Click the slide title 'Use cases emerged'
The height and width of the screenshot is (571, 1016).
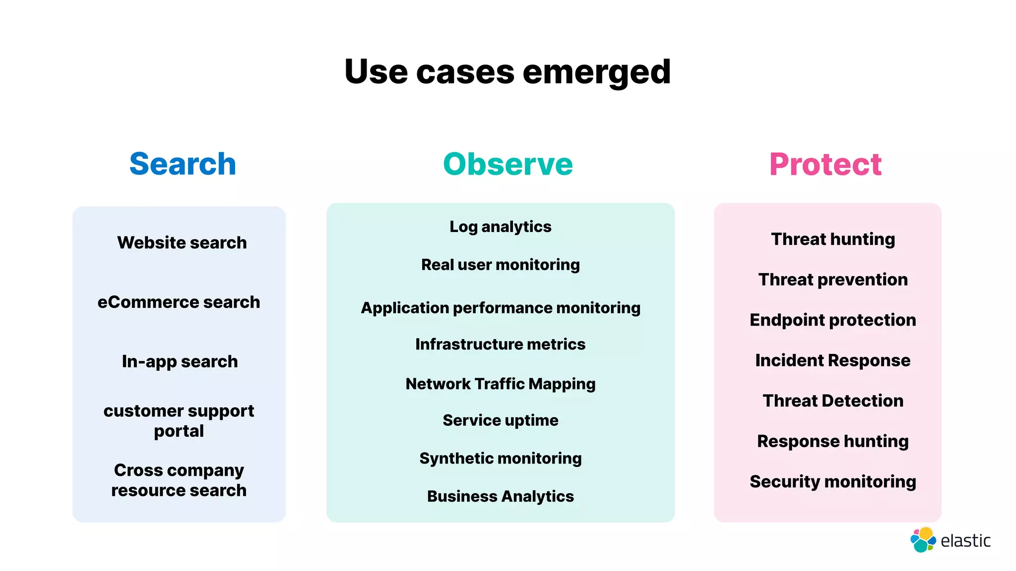508,72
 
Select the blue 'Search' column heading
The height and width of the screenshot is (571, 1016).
183,164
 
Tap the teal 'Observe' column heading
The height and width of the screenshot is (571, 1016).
508,164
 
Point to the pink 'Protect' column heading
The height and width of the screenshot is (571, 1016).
825,164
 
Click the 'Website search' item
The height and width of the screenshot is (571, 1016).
182,242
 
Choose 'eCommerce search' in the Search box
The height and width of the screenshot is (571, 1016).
179,302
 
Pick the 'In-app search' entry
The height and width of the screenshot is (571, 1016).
180,361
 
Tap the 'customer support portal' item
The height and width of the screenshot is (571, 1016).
179,421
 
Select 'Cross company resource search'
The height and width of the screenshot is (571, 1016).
179,480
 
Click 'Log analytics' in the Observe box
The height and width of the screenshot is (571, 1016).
500,227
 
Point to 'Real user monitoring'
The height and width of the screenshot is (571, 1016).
500,265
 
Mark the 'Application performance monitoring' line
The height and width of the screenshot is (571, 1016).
500,308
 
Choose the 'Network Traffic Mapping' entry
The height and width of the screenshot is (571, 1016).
500,384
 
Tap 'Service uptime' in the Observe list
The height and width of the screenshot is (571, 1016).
500,420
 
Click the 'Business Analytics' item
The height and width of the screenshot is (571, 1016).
500,496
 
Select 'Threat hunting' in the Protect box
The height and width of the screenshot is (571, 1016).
833,239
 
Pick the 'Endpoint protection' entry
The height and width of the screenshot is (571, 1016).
833,320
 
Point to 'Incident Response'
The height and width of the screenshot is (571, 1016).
833,360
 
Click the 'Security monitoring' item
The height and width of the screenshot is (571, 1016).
833,482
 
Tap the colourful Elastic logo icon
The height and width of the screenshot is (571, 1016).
923,540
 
